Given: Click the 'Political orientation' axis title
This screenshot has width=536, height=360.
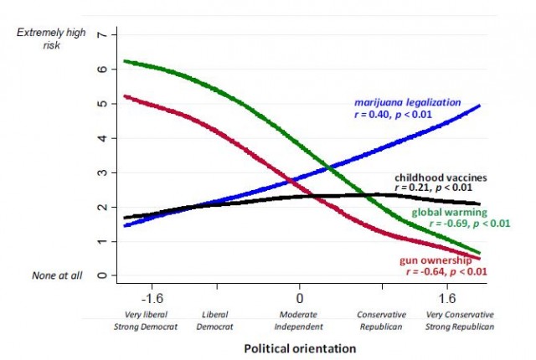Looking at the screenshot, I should pos(300,347).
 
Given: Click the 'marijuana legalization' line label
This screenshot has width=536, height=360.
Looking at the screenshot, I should pos(407,102).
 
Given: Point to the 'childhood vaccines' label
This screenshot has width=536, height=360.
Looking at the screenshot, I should pos(440,177).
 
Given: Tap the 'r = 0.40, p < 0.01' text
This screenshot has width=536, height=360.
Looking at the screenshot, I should pos(407,115).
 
